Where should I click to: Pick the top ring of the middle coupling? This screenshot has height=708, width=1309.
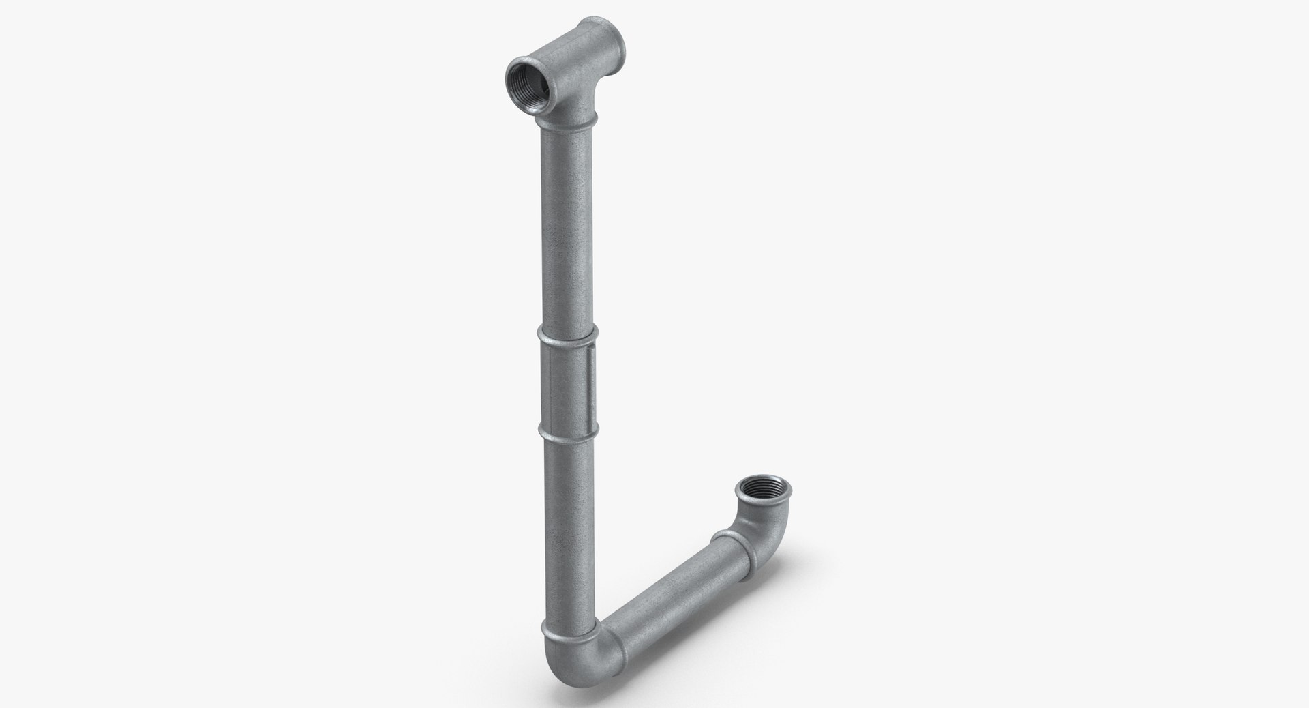(567, 334)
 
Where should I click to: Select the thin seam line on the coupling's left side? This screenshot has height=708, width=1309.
(547, 383)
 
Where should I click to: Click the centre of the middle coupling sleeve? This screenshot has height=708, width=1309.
(568, 383)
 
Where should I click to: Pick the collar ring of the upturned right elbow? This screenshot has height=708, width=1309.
(732, 539)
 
